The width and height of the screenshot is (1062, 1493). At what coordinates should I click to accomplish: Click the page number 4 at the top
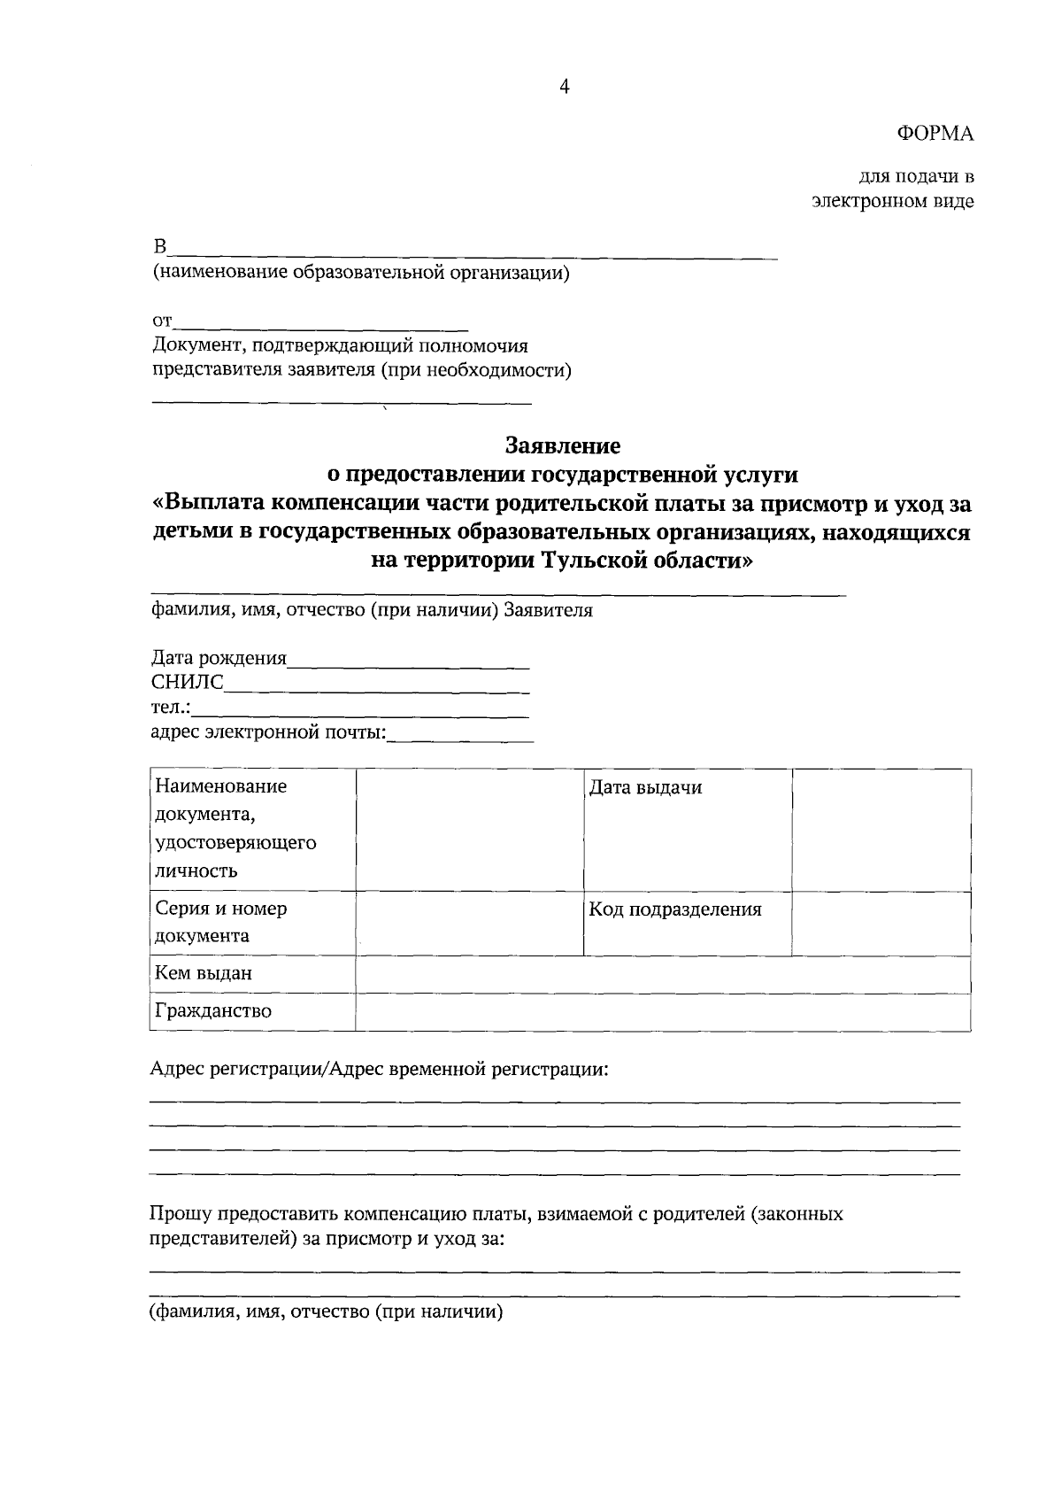564,86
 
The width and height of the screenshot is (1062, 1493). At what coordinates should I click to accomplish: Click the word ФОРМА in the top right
935,134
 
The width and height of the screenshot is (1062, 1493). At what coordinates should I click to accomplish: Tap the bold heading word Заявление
563,445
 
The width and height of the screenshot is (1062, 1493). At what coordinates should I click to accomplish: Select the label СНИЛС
188,682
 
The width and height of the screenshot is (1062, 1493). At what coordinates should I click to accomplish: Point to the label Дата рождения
219,658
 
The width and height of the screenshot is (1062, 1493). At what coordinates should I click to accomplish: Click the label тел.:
171,708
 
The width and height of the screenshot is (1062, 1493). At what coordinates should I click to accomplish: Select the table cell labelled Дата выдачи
646,788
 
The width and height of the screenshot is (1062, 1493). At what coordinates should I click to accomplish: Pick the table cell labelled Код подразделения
675,909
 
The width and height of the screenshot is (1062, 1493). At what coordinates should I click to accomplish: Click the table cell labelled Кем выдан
204,973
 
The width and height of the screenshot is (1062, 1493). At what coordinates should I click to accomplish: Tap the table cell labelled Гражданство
213,1011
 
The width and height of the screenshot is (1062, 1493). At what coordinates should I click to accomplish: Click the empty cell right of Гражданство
662,1012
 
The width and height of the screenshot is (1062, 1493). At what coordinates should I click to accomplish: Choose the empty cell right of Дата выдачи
881,830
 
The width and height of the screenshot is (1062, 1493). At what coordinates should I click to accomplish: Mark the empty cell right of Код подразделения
881,924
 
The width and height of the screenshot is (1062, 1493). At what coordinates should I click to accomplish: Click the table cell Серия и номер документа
221,922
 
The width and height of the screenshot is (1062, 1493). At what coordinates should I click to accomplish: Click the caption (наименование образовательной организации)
361,273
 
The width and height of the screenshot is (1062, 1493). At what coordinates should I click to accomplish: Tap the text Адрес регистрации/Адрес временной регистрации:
380,1070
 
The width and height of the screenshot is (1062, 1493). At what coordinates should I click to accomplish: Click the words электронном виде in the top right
893,202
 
